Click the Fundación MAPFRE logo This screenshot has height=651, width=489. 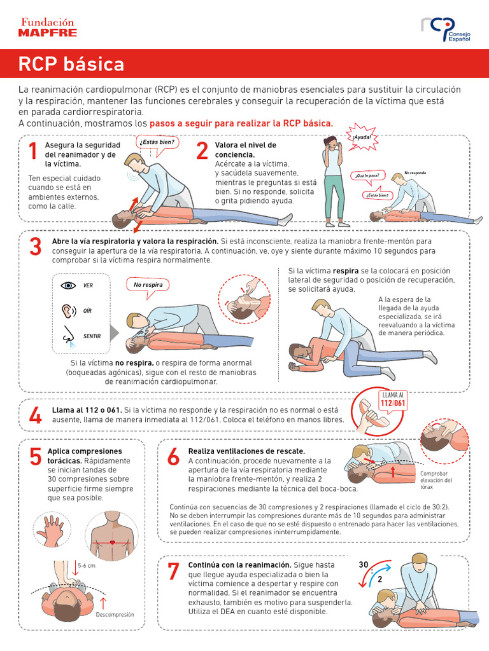tap(48, 27)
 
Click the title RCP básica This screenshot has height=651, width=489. tap(71, 64)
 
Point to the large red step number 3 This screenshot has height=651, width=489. tap(36, 247)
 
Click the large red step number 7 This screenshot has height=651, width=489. tap(173, 572)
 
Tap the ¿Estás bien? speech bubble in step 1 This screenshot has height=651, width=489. tap(156, 142)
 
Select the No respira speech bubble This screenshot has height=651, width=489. tap(148, 285)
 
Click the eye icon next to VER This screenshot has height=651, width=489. tap(68, 285)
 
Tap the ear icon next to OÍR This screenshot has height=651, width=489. tap(67, 310)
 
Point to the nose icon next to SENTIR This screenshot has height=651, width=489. tap(68, 335)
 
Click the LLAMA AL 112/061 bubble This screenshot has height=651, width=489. tap(392, 399)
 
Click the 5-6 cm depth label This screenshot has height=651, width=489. tap(86, 565)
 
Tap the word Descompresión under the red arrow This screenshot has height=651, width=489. tap(115, 615)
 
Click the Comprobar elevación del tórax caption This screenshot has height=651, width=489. tap(436, 480)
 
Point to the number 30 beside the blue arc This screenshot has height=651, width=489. tap(364, 565)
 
